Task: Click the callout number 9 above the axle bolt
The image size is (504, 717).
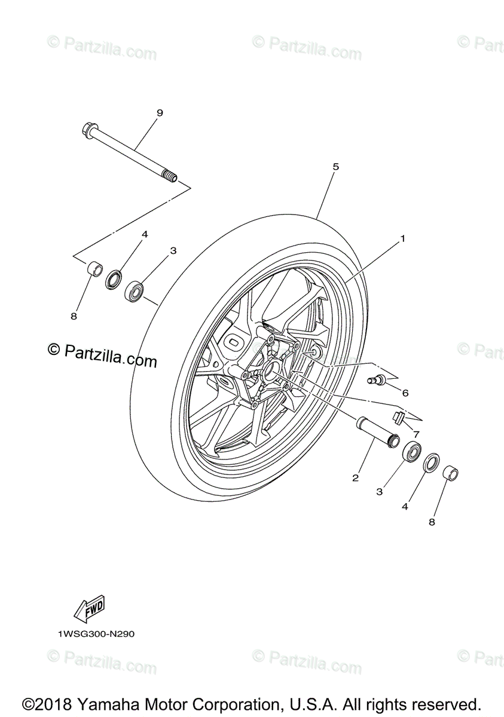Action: (142, 113)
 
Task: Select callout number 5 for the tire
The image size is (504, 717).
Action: (335, 167)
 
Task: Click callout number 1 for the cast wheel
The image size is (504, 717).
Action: (402, 238)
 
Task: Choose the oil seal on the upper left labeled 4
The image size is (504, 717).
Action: (114, 280)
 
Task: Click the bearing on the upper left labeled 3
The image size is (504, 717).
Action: (135, 292)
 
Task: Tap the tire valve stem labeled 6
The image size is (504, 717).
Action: (379, 379)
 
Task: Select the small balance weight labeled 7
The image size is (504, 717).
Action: (399, 416)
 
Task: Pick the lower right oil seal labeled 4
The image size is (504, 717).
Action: (430, 463)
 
